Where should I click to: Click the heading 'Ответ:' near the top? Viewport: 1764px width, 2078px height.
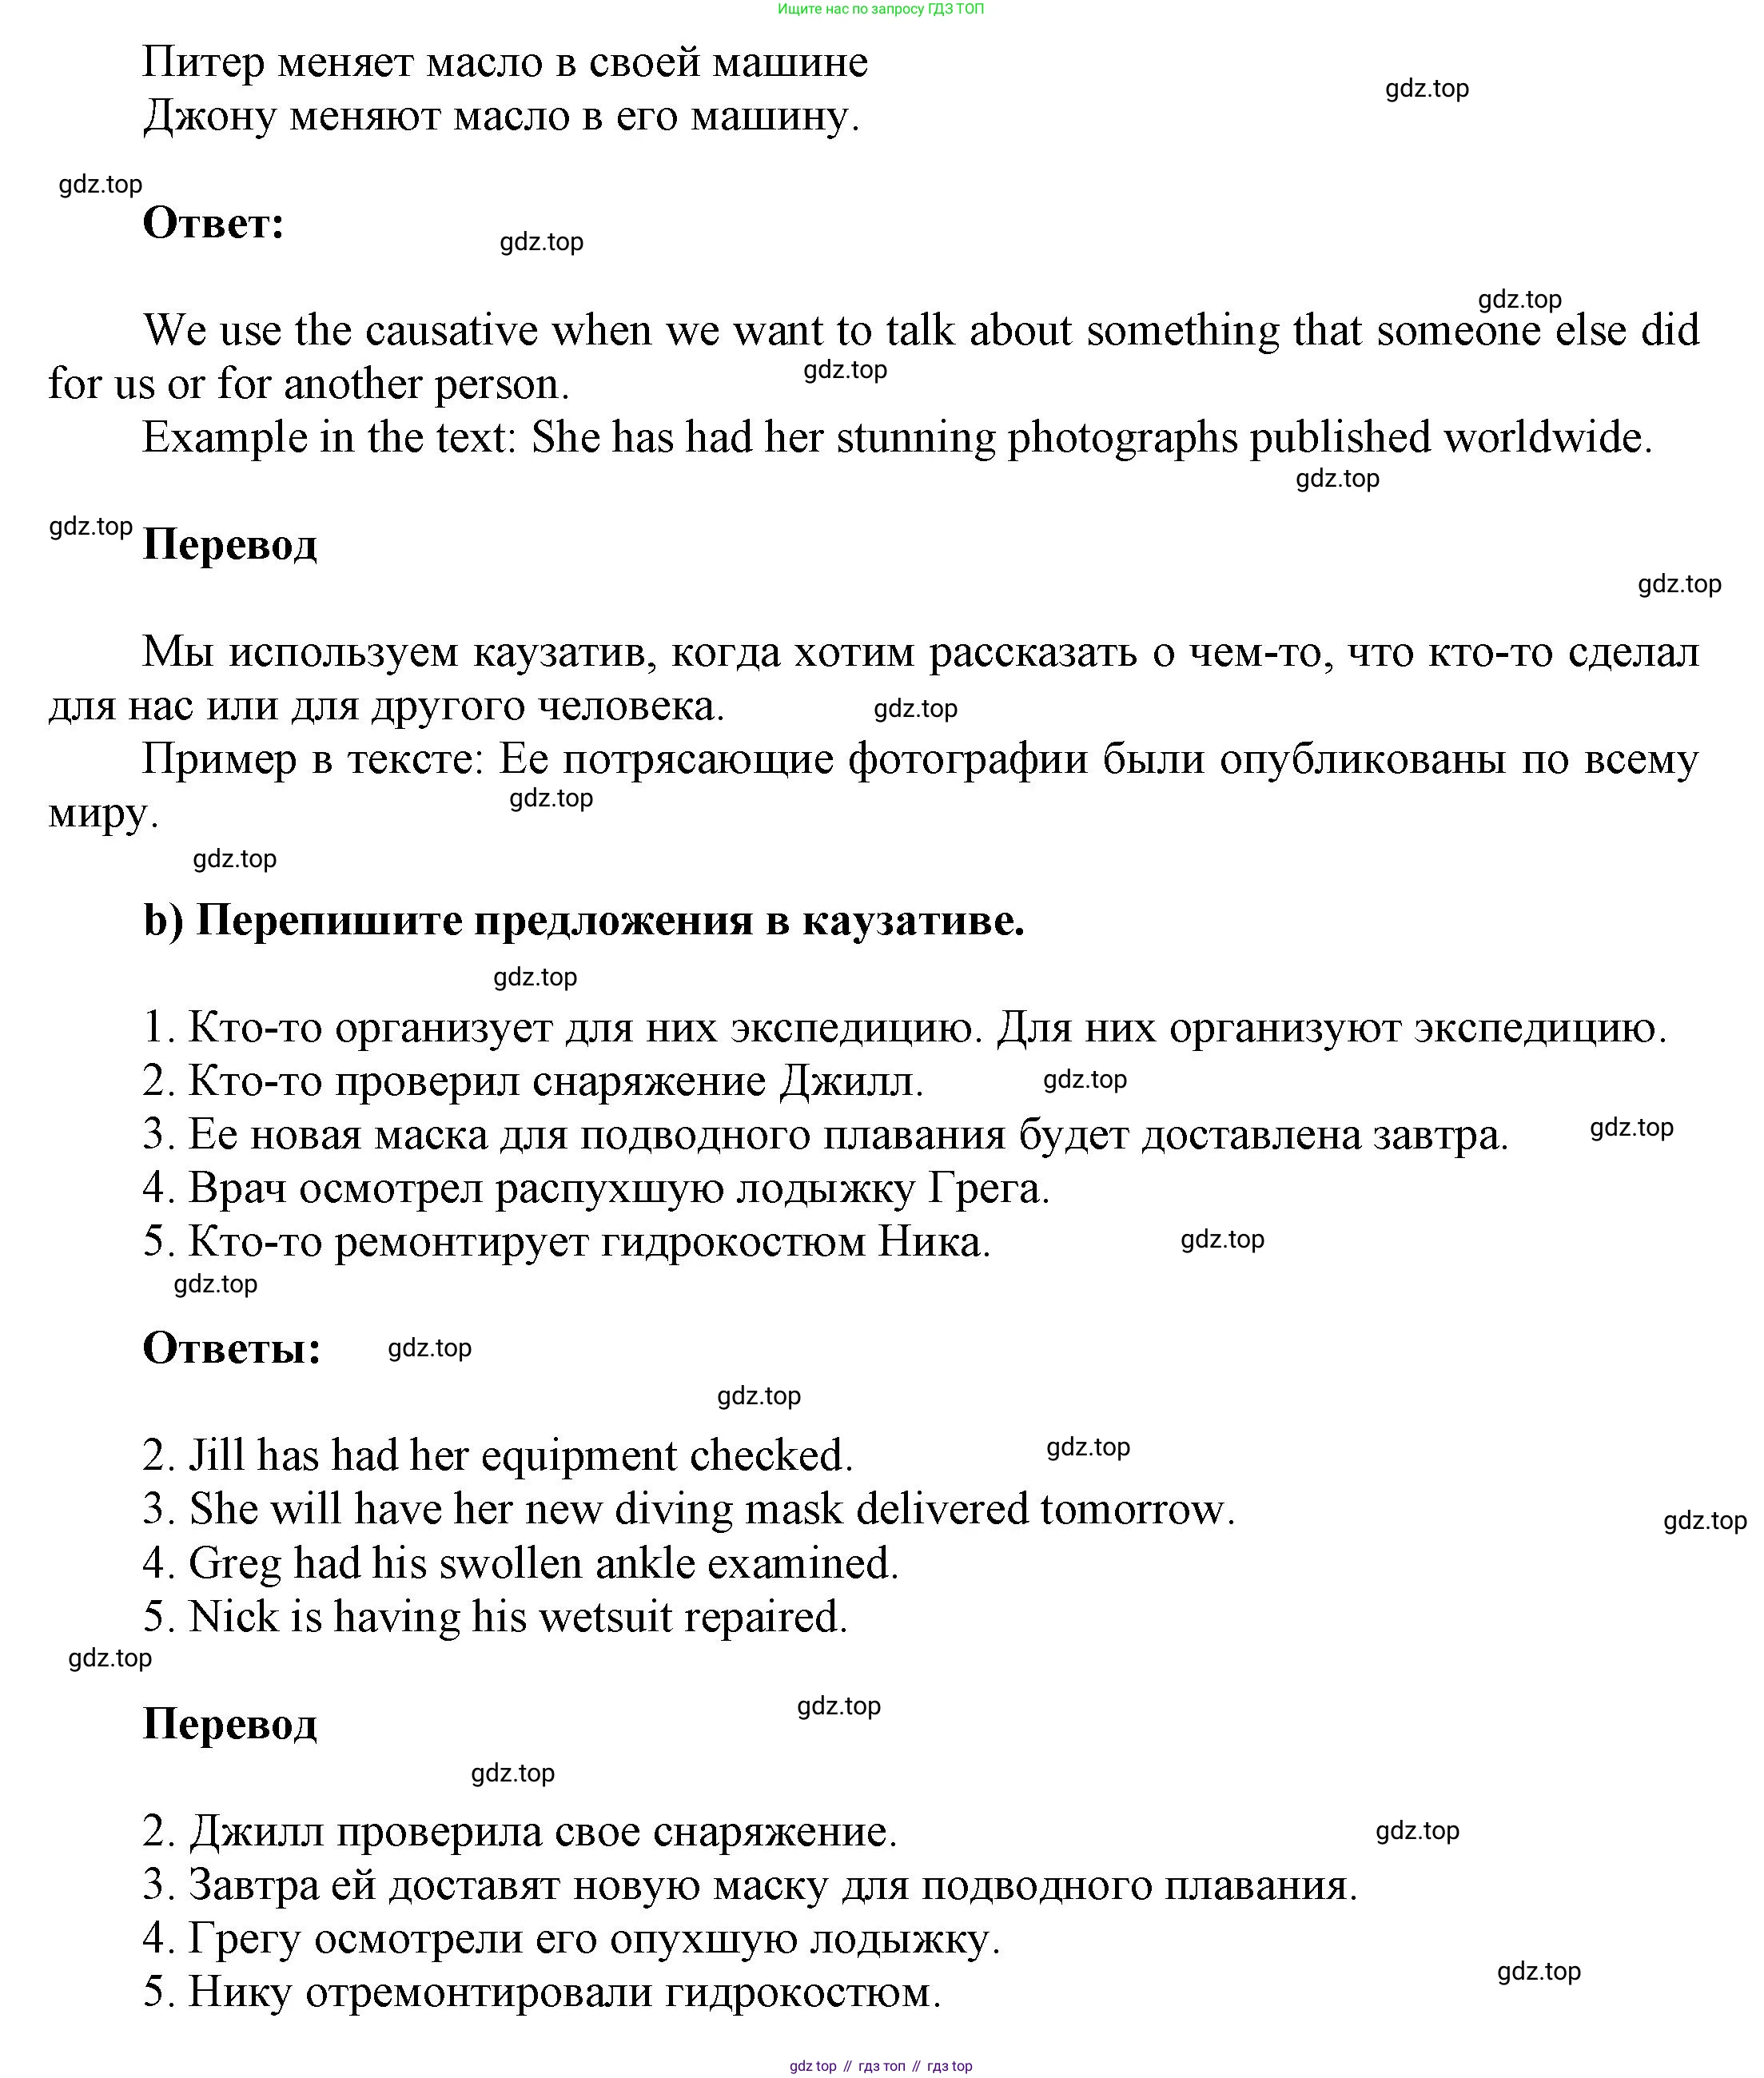pos(213,223)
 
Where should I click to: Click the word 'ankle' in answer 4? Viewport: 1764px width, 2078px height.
pos(642,1563)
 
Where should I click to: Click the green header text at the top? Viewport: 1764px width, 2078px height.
pos(880,9)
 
